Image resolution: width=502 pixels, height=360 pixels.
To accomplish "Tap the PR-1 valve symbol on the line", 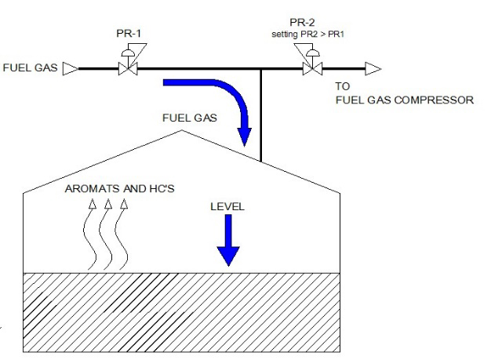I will (x=126, y=69).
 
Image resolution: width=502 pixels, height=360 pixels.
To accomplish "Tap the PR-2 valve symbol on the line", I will (x=311, y=69).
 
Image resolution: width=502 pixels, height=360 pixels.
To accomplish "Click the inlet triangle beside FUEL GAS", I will (x=69, y=69).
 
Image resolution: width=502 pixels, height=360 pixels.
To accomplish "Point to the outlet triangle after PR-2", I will (x=372, y=69).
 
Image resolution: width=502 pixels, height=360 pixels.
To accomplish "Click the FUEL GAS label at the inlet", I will (x=28, y=69).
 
